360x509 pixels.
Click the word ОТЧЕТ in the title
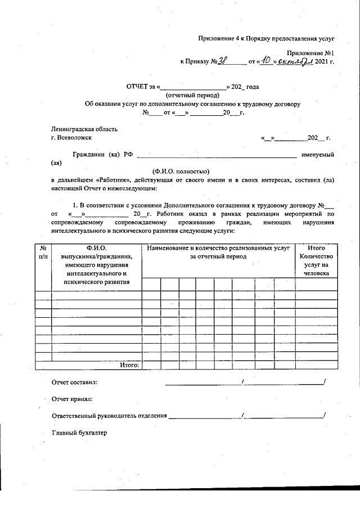139,87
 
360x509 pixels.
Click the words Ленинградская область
84,129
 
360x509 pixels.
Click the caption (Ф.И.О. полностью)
181,172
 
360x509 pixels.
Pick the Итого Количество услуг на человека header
317,260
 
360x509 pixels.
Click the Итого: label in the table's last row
129,364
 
